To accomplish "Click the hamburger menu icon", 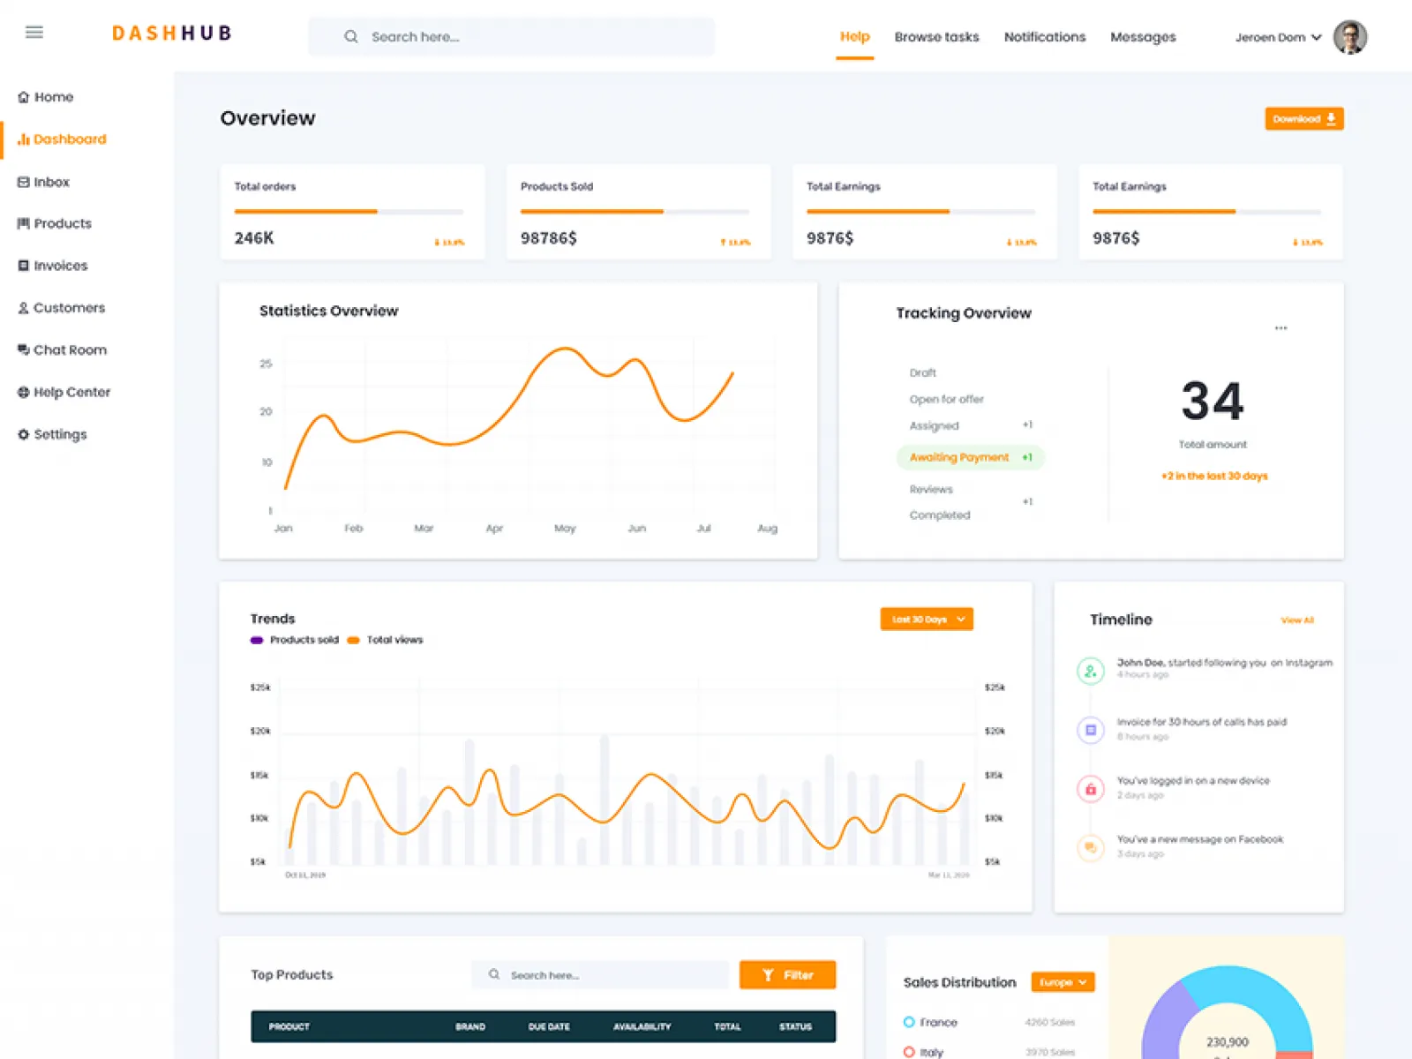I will point(34,33).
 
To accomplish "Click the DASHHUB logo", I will point(172,34).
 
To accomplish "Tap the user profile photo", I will point(1349,37).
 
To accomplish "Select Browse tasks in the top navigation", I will point(936,37).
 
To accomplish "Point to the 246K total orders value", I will point(254,238).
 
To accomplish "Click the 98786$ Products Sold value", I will point(548,238).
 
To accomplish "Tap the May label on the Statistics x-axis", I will point(565,529).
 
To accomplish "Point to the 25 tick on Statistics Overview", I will point(266,364).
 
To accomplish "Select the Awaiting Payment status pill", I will point(970,457).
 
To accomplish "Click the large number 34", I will point(1213,402).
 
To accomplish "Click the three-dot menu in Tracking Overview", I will point(1281,328).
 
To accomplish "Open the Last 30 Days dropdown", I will point(927,620).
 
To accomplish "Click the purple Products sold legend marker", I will point(257,641).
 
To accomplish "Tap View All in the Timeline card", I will point(1297,620).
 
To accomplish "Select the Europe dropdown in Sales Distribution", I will point(1063,982).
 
